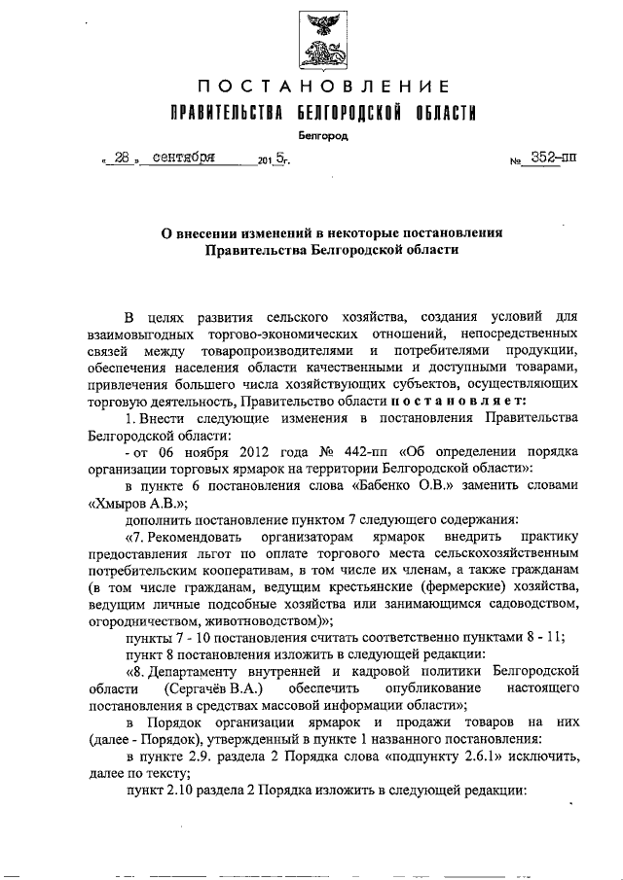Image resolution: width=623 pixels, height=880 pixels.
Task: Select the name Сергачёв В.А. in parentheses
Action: click(x=209, y=688)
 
